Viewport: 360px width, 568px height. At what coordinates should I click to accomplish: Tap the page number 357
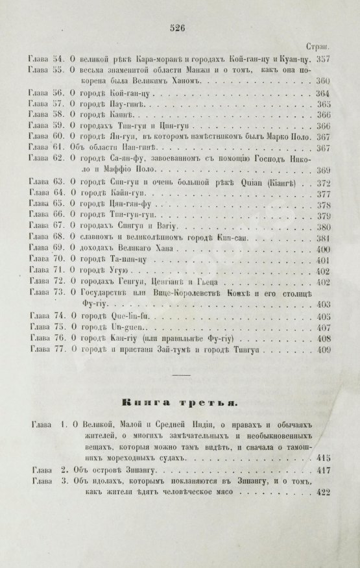click(x=322, y=58)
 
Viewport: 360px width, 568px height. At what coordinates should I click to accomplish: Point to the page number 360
click(x=322, y=81)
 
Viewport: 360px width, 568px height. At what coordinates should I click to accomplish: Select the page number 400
click(x=322, y=249)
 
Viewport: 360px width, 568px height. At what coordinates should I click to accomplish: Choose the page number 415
click(x=324, y=458)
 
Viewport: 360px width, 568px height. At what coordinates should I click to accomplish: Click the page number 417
click(x=324, y=471)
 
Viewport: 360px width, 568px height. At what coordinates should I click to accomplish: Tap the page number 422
click(x=324, y=493)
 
